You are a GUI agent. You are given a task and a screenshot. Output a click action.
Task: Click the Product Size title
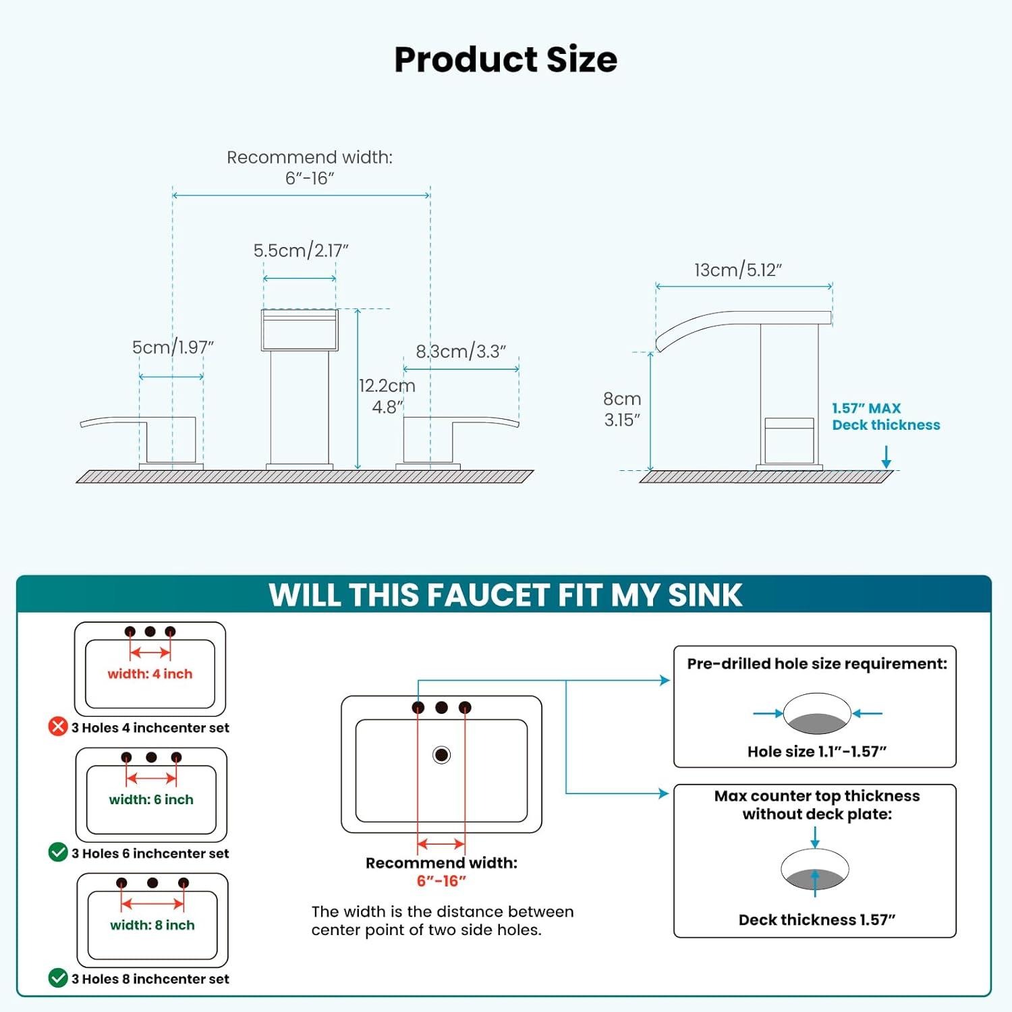click(x=505, y=59)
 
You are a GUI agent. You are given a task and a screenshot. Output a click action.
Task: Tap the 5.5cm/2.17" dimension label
click(x=301, y=250)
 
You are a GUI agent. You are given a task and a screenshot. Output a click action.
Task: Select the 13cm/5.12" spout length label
click(x=738, y=270)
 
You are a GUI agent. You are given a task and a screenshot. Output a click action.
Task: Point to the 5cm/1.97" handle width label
click(x=173, y=347)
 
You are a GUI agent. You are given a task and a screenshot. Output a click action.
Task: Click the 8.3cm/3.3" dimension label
click(x=461, y=352)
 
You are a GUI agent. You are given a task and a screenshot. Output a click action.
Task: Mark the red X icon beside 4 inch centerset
click(x=58, y=727)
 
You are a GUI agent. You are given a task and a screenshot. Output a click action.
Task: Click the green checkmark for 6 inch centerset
click(x=58, y=852)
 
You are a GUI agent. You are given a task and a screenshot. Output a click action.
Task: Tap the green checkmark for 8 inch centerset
click(x=58, y=978)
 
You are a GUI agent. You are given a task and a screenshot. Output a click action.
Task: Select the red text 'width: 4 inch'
click(x=150, y=674)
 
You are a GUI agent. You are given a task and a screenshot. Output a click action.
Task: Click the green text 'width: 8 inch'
click(x=152, y=925)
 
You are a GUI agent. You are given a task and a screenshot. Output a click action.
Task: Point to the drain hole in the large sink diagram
click(x=441, y=754)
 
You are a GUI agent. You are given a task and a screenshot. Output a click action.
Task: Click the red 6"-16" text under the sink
click(x=441, y=881)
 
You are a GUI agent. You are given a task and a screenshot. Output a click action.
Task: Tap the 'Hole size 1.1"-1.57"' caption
click(x=816, y=752)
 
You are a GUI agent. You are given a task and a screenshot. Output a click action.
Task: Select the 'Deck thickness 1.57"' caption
click(x=816, y=920)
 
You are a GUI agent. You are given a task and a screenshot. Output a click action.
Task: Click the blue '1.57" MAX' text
click(x=866, y=408)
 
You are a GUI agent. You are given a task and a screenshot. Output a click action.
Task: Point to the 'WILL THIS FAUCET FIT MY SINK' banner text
click(x=505, y=595)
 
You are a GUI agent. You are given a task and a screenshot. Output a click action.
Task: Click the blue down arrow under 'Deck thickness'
click(x=887, y=457)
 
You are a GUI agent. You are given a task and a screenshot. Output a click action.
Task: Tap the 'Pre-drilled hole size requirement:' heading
click(x=816, y=664)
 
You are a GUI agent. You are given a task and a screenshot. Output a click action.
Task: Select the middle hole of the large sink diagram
click(x=441, y=707)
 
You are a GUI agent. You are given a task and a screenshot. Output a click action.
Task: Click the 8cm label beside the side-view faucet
click(x=622, y=399)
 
